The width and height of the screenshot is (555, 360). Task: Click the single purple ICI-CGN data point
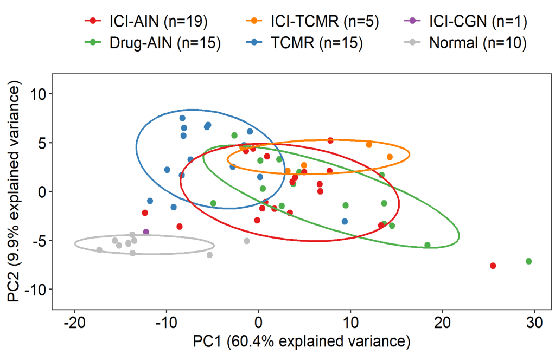coord(146,232)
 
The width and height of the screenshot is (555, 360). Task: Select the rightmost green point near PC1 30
coord(529,261)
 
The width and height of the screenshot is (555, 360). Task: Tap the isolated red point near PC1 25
coord(493,266)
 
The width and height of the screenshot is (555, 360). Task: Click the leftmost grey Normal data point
coord(99,250)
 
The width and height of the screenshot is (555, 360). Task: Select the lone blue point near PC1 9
coord(345,221)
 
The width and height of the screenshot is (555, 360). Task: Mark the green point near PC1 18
coord(428,245)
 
